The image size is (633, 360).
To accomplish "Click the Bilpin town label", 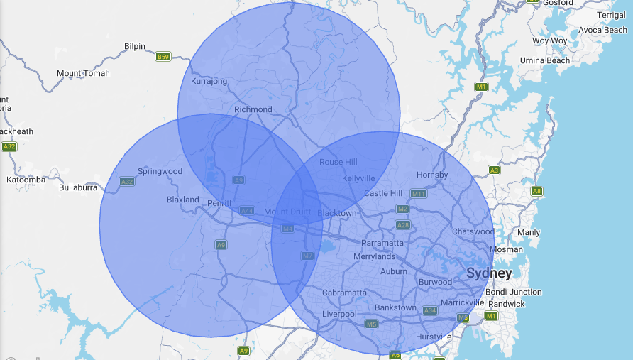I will (x=134, y=46).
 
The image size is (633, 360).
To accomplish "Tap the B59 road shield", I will (x=163, y=56).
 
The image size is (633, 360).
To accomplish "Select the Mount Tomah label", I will (x=83, y=73).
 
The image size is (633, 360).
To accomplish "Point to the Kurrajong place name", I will (x=209, y=81).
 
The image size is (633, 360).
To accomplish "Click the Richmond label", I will (x=253, y=109).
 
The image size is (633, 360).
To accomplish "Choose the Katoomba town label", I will (x=26, y=180).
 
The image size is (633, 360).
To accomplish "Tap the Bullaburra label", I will (x=82, y=187).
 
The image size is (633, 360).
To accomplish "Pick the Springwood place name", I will (x=160, y=171).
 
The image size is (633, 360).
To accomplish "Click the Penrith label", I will (x=220, y=204).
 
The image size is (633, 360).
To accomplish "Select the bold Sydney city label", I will (x=488, y=273).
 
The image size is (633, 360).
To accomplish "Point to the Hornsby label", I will (x=432, y=175).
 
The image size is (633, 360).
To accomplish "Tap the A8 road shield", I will (x=536, y=191).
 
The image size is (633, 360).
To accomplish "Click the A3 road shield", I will (x=494, y=170).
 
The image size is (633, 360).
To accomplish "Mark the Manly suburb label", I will (x=529, y=232).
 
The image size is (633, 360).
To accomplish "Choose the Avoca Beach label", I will (x=602, y=31).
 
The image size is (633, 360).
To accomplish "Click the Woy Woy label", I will (x=549, y=40).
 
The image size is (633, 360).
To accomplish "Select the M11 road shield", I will (x=419, y=193).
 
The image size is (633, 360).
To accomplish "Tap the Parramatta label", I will (x=382, y=243).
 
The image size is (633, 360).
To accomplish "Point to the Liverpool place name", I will (x=339, y=314).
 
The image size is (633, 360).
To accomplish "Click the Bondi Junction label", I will (x=514, y=292).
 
